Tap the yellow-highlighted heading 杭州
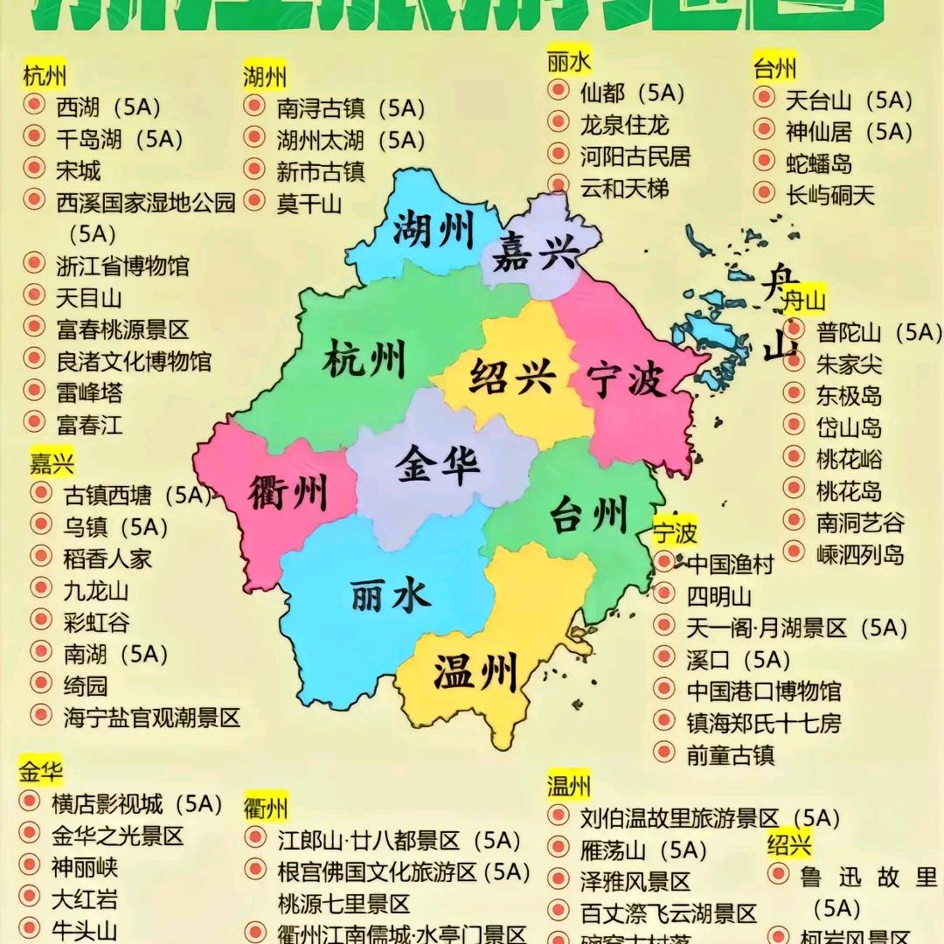[x=45, y=75]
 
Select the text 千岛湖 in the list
[x=89, y=138]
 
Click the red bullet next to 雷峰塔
[x=34, y=389]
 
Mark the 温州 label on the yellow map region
[x=475, y=672]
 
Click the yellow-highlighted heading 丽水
[x=569, y=63]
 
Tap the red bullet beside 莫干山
[x=254, y=201]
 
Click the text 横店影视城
[x=107, y=803]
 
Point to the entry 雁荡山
[x=612, y=849]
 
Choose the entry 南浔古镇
[x=331, y=108]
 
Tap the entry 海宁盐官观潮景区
[x=151, y=718]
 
